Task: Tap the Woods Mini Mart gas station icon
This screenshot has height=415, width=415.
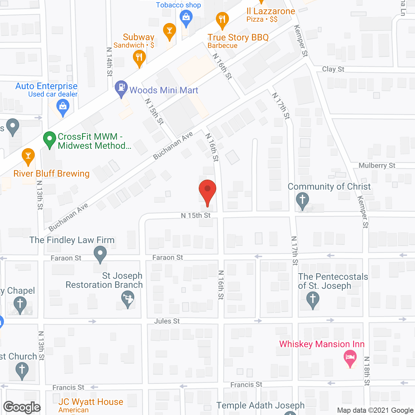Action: [121, 88]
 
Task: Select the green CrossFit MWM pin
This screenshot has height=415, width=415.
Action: [50, 139]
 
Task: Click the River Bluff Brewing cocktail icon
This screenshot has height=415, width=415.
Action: [28, 156]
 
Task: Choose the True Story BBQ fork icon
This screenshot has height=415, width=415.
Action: [222, 19]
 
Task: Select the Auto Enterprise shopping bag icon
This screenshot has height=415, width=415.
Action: [63, 107]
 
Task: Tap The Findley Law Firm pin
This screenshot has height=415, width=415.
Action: [100, 254]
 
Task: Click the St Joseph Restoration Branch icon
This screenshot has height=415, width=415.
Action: [128, 299]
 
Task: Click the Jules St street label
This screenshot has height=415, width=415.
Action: [167, 321]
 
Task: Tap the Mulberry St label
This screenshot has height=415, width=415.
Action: [377, 165]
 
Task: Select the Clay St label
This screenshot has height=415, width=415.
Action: [333, 69]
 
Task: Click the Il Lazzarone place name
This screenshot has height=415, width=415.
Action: [271, 11]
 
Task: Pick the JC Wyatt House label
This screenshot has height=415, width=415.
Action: [91, 402]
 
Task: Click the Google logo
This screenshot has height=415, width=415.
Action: [22, 407]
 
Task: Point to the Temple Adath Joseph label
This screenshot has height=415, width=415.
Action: [260, 405]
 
